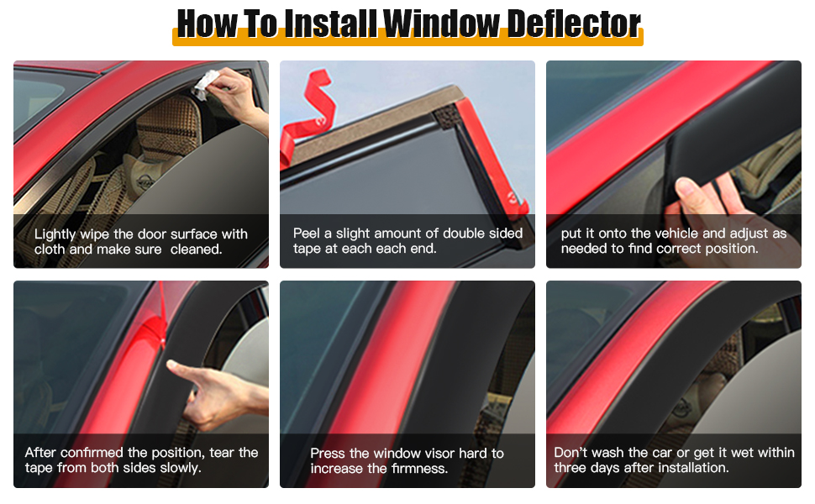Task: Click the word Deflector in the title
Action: [574, 24]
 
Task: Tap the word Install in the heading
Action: [330, 24]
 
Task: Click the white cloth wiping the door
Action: [207, 84]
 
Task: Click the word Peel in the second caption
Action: [307, 234]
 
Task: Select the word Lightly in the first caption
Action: [55, 235]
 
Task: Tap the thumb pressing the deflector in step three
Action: [697, 196]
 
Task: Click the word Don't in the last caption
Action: [570, 453]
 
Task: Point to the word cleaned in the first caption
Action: [196, 250]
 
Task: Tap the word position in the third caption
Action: [731, 249]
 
